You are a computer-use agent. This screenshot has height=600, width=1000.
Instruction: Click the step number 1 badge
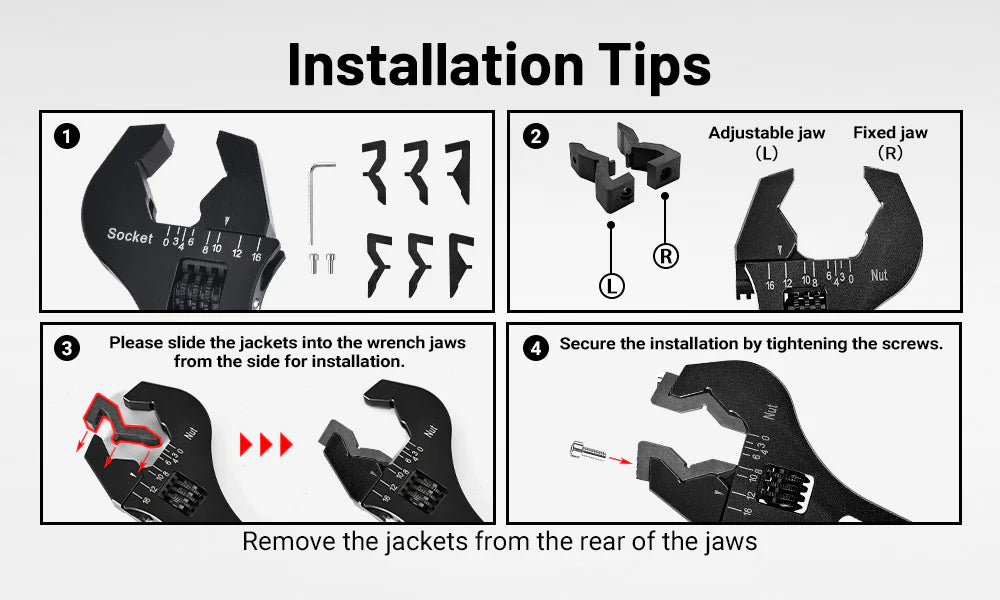[67, 136]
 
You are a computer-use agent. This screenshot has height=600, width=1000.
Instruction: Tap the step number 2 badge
[536, 136]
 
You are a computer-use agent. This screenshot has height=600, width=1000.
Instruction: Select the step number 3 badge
[67, 348]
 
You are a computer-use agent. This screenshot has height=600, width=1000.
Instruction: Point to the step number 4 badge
[536, 348]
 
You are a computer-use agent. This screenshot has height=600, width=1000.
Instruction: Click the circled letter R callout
[665, 256]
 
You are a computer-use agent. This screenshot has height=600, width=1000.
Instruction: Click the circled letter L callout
[612, 285]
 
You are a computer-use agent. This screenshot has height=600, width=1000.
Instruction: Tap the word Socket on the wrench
[130, 235]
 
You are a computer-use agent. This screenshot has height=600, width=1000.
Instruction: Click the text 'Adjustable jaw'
[767, 133]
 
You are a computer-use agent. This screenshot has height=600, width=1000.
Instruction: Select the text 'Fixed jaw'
[890, 133]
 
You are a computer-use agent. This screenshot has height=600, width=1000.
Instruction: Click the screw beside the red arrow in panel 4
[588, 451]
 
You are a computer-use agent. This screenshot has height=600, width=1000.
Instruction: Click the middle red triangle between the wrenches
[265, 444]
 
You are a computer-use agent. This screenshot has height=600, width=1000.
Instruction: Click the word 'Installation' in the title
[436, 65]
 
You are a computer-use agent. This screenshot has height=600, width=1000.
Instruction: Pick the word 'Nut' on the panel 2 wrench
[879, 275]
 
